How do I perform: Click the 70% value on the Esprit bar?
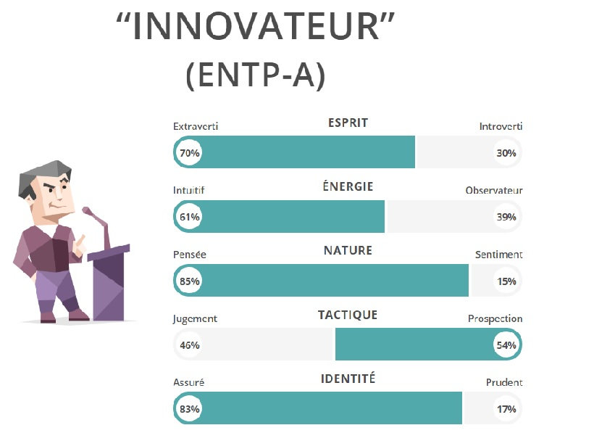pyautogui.click(x=189, y=153)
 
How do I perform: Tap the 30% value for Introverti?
pyautogui.click(x=506, y=153)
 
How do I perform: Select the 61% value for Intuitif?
pyautogui.click(x=189, y=217)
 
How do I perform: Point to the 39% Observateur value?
pyautogui.click(x=506, y=217)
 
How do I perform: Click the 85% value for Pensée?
pyautogui.click(x=189, y=281)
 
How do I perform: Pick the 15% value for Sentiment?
pyautogui.click(x=506, y=281)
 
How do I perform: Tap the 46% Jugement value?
pyautogui.click(x=189, y=345)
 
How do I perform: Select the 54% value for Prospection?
pyautogui.click(x=506, y=345)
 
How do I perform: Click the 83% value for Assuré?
pyautogui.click(x=189, y=409)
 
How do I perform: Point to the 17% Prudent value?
pyautogui.click(x=506, y=409)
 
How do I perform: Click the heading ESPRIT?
pyautogui.click(x=348, y=123)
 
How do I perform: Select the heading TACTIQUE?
pyautogui.click(x=348, y=315)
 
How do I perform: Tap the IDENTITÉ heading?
pyautogui.click(x=348, y=379)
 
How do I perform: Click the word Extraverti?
pyautogui.click(x=196, y=126)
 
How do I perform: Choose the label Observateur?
pyautogui.click(x=494, y=190)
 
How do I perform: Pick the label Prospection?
pyautogui.click(x=495, y=319)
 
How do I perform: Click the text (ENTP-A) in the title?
pyautogui.click(x=256, y=75)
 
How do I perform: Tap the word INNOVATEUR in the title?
pyautogui.click(x=256, y=26)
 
